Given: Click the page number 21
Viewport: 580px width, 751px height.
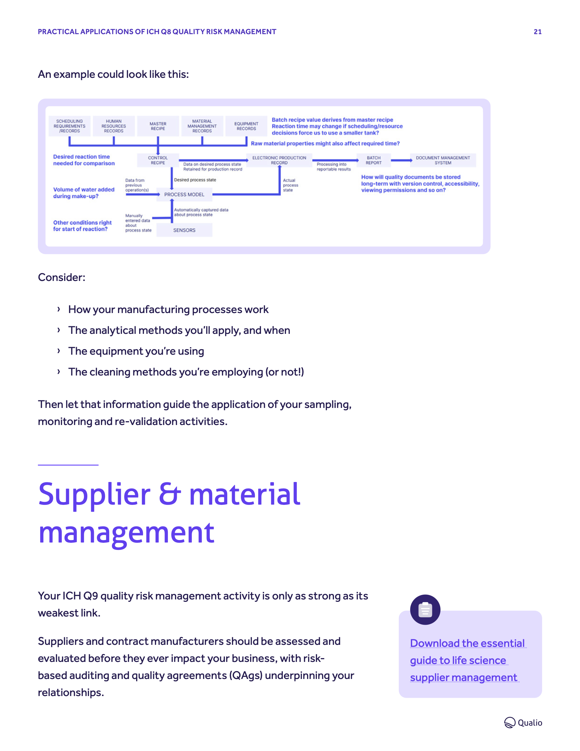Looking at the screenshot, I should click(537, 32).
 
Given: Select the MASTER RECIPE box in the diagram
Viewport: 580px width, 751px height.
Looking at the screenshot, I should click(158, 126).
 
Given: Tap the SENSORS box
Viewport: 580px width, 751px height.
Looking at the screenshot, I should click(184, 230).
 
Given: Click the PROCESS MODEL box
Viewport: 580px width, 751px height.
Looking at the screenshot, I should click(184, 194).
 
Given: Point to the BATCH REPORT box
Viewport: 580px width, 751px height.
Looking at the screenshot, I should click(374, 160).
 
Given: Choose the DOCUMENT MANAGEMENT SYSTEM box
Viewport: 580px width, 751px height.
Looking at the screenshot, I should click(443, 160).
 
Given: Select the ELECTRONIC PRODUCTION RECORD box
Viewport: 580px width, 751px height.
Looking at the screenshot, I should click(279, 160).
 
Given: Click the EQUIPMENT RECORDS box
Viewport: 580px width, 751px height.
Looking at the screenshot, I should click(246, 126).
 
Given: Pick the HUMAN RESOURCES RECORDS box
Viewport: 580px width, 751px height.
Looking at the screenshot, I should click(114, 126).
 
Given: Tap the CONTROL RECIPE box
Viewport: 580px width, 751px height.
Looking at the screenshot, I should click(158, 160).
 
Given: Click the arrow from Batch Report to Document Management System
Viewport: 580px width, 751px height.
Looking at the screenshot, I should click(401, 160).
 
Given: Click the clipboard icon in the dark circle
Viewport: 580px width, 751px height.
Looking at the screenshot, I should click(425, 610).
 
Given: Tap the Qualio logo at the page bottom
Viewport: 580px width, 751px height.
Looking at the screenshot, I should click(523, 722).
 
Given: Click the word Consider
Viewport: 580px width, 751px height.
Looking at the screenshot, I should click(61, 277).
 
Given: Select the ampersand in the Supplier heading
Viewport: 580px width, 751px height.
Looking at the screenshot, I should click(170, 494).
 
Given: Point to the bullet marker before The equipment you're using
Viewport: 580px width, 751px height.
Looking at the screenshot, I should click(59, 351).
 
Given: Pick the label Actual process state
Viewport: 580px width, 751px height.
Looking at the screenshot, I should click(290, 185).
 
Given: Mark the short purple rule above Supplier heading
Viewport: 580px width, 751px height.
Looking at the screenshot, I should click(68, 465).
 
